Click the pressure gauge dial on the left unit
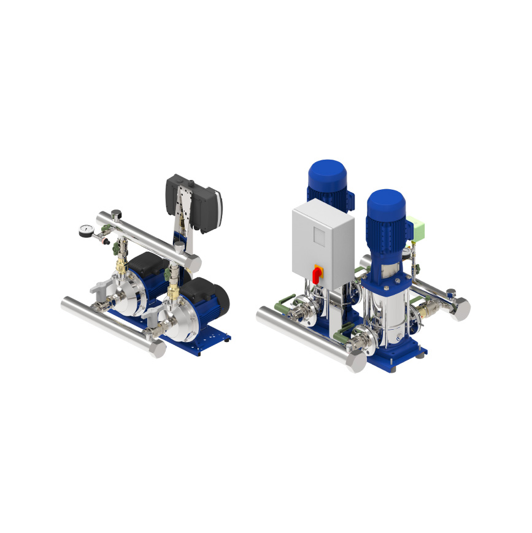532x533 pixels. pos(85,231)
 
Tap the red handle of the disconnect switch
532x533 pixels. pos(317,273)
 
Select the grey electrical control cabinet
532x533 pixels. pos(323,243)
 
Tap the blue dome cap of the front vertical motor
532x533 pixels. pos(385,203)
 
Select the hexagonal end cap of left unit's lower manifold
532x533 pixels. pos(155,350)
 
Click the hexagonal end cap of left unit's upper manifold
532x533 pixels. pos(191,263)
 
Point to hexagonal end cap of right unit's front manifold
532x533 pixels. pos(355,362)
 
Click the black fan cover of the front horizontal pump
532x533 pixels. pos(220,299)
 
